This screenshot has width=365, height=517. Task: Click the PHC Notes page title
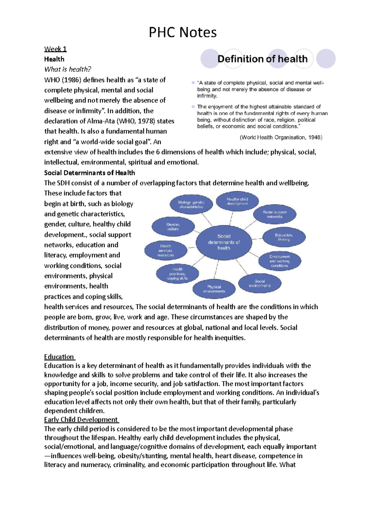pyautogui.click(x=182, y=32)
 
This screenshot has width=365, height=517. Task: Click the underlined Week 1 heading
pyautogui.click(x=55, y=49)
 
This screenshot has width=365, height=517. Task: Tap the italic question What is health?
pyautogui.click(x=68, y=69)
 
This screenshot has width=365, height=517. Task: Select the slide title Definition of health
pyautogui.click(x=262, y=59)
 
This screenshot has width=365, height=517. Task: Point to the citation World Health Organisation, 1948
pyautogui.click(x=281, y=137)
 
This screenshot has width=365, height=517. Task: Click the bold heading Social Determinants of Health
pyautogui.click(x=89, y=173)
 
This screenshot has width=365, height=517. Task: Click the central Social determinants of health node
pyautogui.click(x=224, y=242)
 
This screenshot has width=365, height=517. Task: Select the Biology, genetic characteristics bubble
pyautogui.click(x=191, y=204)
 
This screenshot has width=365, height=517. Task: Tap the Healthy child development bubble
pyautogui.click(x=237, y=201)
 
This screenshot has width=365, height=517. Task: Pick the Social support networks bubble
pyautogui.click(x=275, y=214)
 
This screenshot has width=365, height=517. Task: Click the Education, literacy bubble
pyautogui.click(x=284, y=237)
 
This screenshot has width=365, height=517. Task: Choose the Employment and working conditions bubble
pyautogui.click(x=280, y=261)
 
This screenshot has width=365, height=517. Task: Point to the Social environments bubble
pyautogui.click(x=260, y=283)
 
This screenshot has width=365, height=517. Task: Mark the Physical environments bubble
pyautogui.click(x=214, y=289)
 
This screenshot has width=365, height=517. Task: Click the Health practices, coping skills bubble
pyautogui.click(x=177, y=273)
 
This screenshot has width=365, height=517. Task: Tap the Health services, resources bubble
pyautogui.click(x=166, y=250)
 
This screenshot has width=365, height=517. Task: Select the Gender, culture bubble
pyautogui.click(x=173, y=227)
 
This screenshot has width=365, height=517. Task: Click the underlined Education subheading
pyautogui.click(x=59, y=357)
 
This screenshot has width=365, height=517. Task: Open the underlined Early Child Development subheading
pyautogui.click(x=81, y=420)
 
